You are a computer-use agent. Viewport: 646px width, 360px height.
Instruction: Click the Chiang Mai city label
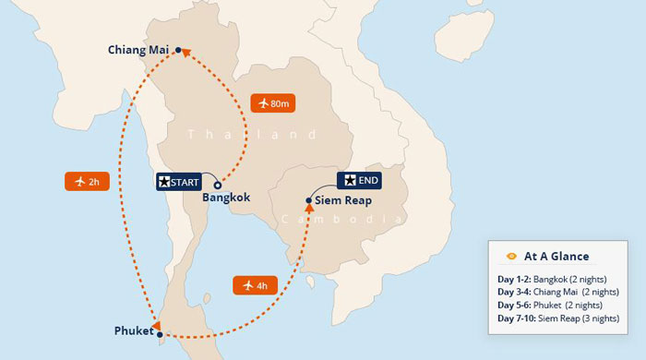pyautogui.click(x=138, y=50)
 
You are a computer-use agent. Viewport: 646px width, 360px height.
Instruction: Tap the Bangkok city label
pyautogui.click(x=227, y=198)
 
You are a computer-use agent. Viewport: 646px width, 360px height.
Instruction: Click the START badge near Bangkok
pyautogui.click(x=178, y=181)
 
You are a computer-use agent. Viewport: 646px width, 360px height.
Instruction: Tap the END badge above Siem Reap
pyautogui.click(x=360, y=180)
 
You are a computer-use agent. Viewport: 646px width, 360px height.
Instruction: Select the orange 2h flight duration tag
pyautogui.click(x=88, y=181)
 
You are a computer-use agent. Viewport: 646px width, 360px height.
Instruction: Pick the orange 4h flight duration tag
pyautogui.click(x=256, y=284)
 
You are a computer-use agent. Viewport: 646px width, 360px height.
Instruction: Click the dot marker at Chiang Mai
pyautogui.click(x=178, y=50)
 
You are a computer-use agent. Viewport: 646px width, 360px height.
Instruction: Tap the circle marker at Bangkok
pyautogui.click(x=218, y=185)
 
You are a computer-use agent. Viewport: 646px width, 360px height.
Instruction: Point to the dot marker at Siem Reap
pyautogui.click(x=309, y=200)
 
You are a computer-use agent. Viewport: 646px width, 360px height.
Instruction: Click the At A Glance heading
pyautogui.click(x=556, y=256)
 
